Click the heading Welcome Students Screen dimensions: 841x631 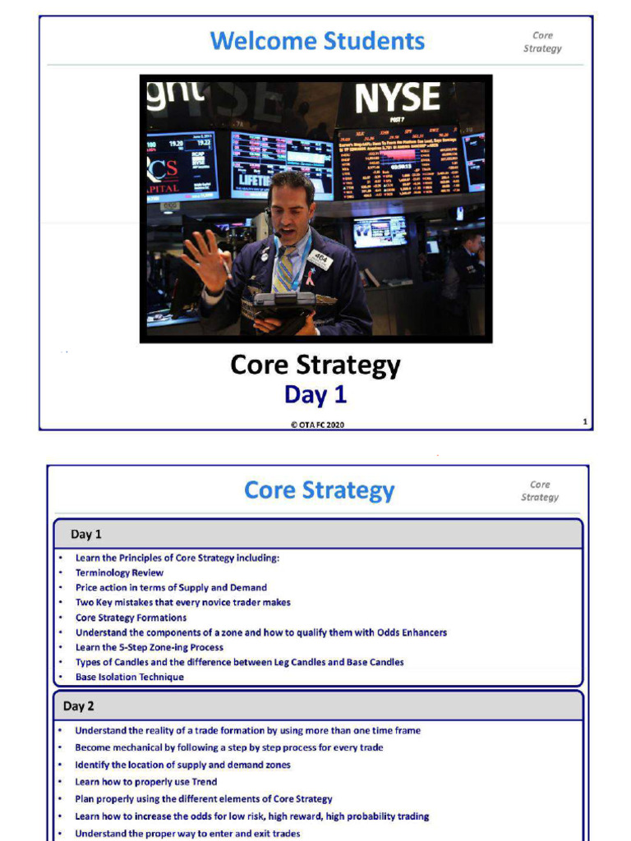tap(317, 40)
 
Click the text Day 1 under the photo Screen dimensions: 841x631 tap(315, 395)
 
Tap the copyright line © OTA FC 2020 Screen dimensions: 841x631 tap(316, 424)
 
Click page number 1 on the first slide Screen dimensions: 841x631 tap(584, 422)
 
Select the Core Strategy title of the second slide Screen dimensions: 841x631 tap(319, 490)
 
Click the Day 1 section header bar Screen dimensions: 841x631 tap(317, 534)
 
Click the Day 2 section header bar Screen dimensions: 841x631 tap(317, 705)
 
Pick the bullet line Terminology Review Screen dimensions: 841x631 tap(119, 572)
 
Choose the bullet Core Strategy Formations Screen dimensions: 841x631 tap(131, 618)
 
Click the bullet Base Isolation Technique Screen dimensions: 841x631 tap(129, 677)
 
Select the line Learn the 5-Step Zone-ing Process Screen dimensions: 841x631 tap(149, 647)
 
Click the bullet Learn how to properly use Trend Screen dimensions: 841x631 tap(145, 782)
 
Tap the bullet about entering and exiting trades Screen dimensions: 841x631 tap(187, 834)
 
